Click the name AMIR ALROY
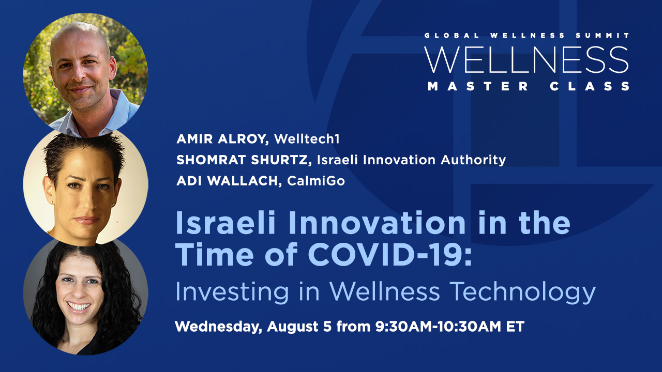222,139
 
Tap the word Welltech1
307,139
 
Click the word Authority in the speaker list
473,160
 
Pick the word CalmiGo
316,181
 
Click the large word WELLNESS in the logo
526,60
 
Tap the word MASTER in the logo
477,86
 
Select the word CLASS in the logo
590,86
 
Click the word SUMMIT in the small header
603,36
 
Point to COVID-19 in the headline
389,254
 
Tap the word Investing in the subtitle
232,292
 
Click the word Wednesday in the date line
218,327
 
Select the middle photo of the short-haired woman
86,188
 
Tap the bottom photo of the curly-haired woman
86,297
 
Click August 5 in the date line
299,327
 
